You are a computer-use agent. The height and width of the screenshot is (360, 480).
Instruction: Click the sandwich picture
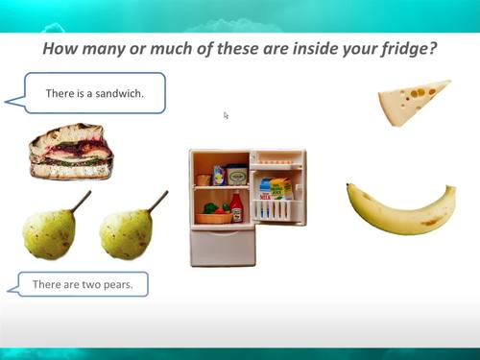click(70, 152)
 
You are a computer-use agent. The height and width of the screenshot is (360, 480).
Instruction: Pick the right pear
click(126, 234)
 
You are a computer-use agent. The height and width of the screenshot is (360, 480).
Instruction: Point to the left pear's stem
click(81, 202)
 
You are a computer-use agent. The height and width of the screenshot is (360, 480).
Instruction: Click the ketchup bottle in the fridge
click(236, 207)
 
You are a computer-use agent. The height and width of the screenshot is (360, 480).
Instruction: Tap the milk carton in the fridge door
click(265, 188)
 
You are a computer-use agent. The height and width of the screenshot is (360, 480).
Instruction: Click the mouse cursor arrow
click(227, 115)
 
